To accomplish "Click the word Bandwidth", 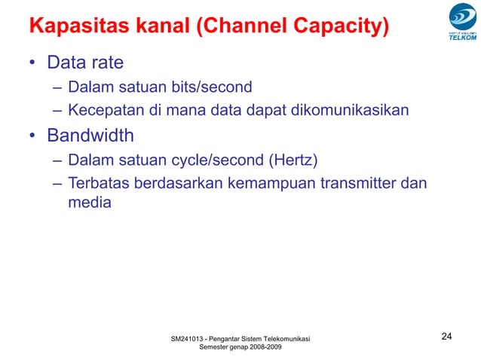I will click(x=90, y=136).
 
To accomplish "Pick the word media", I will click(x=90, y=202).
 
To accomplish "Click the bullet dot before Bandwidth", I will click(x=32, y=137).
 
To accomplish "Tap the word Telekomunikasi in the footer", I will click(x=282, y=337).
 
